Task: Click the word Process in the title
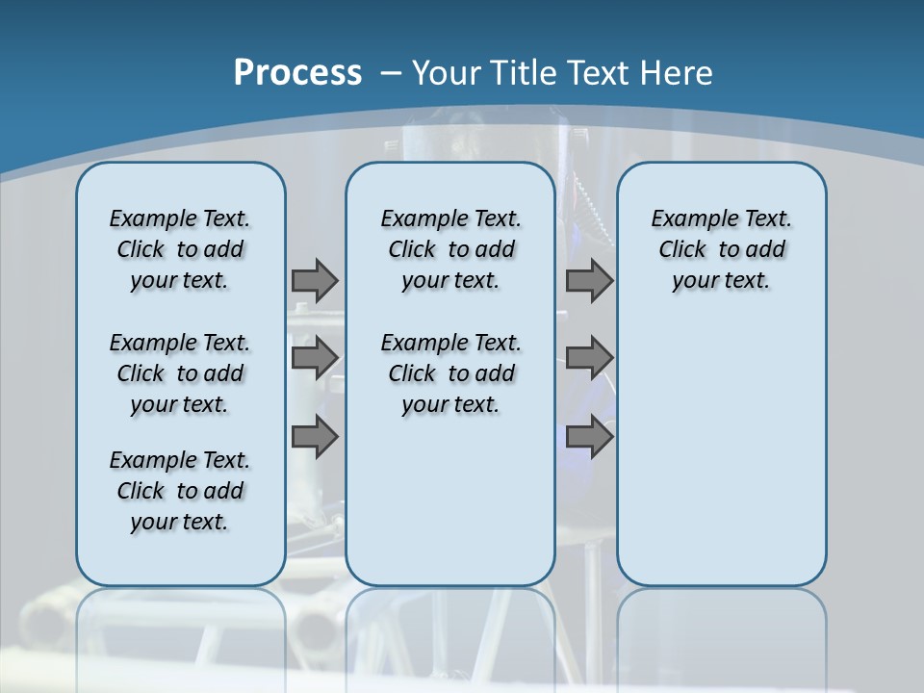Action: (297, 72)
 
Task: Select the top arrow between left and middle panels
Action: (315, 280)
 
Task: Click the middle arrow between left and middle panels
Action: (315, 358)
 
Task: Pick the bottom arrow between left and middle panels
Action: (315, 437)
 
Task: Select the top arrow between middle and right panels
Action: (589, 280)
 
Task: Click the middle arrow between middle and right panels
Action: (589, 358)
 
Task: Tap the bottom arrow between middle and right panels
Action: (589, 437)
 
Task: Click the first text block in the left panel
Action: (180, 249)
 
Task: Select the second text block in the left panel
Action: (180, 373)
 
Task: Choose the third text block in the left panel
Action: (180, 491)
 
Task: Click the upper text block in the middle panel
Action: (450, 249)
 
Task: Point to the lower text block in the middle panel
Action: (450, 373)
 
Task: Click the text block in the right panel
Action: (721, 249)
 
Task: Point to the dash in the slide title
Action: (391, 72)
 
